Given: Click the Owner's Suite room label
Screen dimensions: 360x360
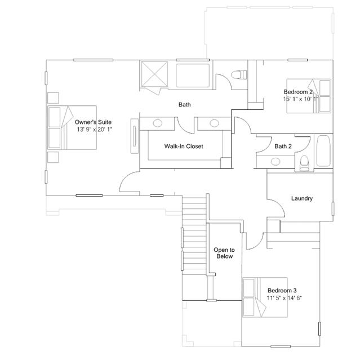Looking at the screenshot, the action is [93, 122].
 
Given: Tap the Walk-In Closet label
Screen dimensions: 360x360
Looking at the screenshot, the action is [184, 146].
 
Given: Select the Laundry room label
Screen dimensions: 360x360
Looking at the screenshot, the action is [302, 198].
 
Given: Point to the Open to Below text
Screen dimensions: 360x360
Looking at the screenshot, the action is [224, 253].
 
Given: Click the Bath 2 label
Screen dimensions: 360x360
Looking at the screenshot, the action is [283, 146].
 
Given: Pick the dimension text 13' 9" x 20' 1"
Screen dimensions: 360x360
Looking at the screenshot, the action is [95, 130].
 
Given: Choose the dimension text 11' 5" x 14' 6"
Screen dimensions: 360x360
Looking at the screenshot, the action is [285, 298].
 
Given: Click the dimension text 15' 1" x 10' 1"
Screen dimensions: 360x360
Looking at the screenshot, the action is [301, 99].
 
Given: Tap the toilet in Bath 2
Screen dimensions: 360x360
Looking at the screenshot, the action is [304, 163].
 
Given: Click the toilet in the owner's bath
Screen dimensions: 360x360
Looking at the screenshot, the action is [239, 75].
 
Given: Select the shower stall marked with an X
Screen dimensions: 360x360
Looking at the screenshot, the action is [154, 74].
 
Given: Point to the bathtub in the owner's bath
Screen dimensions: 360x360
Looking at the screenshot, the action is [193, 75].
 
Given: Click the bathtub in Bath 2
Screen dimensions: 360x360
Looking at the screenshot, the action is [323, 151].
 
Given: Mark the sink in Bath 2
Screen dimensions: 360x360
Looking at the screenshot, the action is [275, 161].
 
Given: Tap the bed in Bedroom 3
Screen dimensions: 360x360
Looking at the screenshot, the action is [265, 297].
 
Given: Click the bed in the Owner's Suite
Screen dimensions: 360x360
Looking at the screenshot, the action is [72, 128].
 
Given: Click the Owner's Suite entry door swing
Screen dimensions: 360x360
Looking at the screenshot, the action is [129, 181].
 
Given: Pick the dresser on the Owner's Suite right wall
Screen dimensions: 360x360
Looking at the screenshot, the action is [135, 136].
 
